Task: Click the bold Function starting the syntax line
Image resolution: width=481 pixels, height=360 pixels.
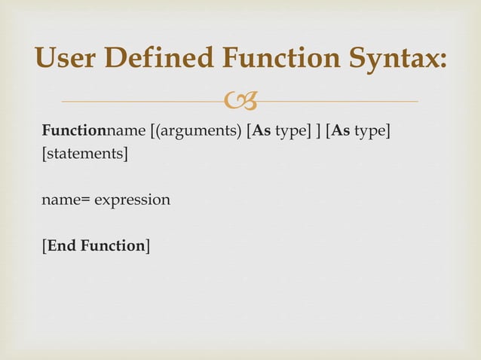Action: pos(74,133)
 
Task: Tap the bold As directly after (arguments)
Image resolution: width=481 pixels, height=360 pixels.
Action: pos(262,133)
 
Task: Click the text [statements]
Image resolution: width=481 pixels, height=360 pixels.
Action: pos(84,155)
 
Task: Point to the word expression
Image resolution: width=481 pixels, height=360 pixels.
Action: pos(135,201)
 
